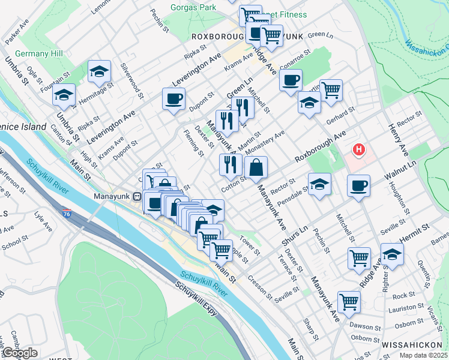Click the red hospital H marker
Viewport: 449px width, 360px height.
[359, 149]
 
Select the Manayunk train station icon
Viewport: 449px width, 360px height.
[137, 196]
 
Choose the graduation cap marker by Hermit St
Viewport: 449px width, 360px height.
[392, 254]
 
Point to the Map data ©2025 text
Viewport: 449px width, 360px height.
[423, 355]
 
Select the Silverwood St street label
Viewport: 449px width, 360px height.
[132, 82]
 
